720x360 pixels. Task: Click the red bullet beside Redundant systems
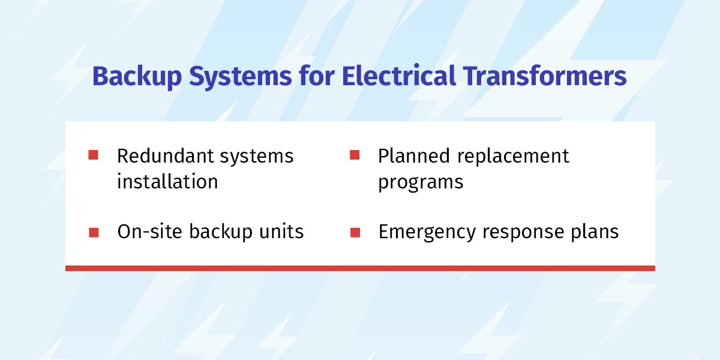[93, 155]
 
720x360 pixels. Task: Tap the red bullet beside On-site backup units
[93, 232]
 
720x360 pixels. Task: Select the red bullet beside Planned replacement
[355, 155]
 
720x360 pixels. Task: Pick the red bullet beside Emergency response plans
[355, 232]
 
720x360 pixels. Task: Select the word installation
[167, 182]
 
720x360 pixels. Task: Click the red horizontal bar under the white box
[360, 268]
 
